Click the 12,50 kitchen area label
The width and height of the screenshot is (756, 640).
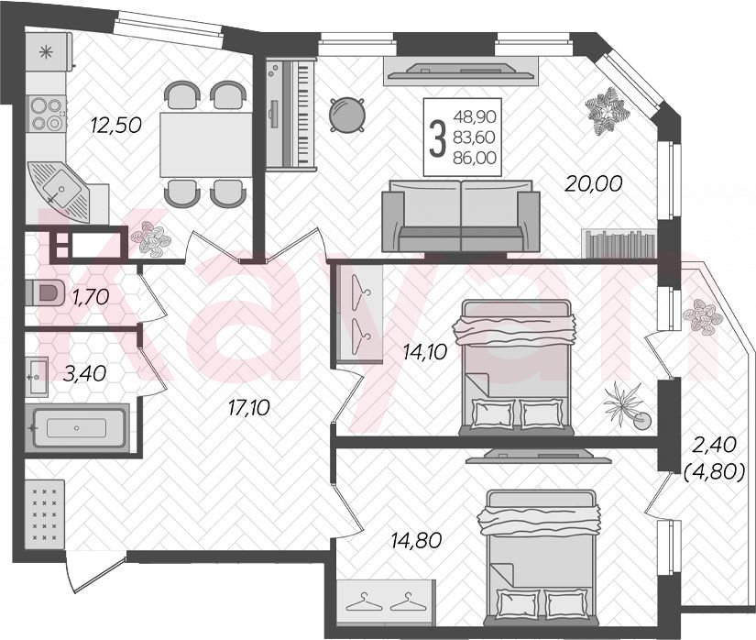point(115,126)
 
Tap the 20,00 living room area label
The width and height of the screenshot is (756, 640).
point(594,183)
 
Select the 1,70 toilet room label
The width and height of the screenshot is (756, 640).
point(91,296)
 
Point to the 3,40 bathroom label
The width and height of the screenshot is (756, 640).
point(85,373)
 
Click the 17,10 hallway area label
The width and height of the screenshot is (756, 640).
point(248,409)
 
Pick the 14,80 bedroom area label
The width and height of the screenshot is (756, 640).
point(417,541)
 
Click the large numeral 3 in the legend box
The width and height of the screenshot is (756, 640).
point(437,138)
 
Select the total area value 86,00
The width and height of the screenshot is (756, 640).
point(475,158)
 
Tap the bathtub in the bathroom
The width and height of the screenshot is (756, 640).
point(77,427)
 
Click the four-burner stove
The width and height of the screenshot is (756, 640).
point(47,115)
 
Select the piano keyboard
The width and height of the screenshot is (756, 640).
point(290,115)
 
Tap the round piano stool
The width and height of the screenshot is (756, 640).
point(346,115)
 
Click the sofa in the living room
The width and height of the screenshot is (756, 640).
point(461,215)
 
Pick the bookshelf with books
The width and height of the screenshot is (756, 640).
point(619,243)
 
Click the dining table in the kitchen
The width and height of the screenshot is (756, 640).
point(206,144)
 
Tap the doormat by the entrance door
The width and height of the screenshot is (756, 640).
point(44,513)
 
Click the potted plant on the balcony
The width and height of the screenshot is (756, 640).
point(702,316)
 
